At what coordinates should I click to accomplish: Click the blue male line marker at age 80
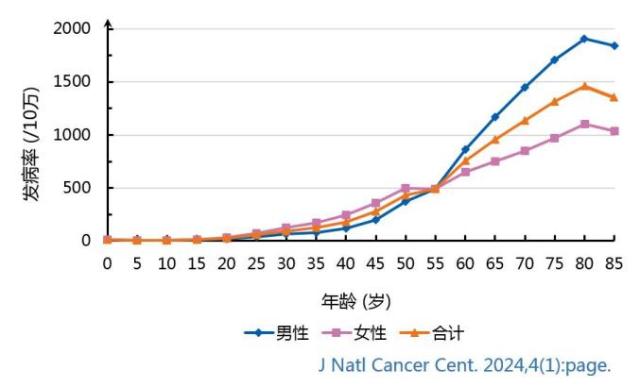click(584, 39)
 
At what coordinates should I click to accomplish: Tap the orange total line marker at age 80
click(584, 86)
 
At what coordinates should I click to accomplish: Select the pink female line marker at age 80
click(584, 124)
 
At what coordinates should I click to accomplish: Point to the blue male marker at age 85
click(614, 45)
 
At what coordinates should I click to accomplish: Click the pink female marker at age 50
click(406, 188)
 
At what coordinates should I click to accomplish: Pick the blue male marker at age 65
click(494, 117)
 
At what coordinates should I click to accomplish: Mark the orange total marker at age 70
click(525, 120)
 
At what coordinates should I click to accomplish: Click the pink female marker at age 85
click(614, 131)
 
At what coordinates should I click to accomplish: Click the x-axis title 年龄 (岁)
click(355, 301)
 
